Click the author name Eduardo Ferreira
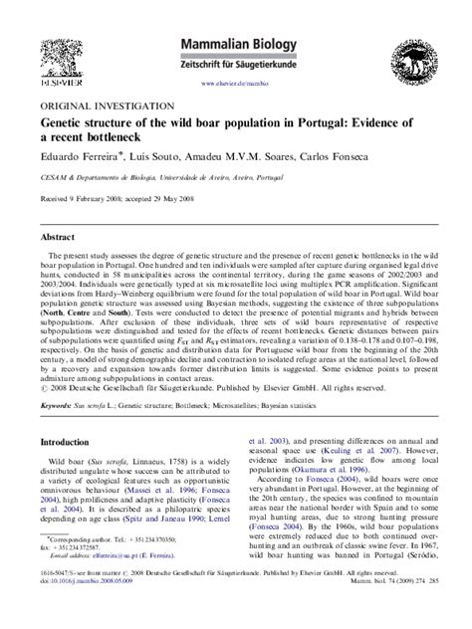[79, 157]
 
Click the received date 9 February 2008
[99, 197]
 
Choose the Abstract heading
[59, 237]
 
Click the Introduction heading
[72, 441]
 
